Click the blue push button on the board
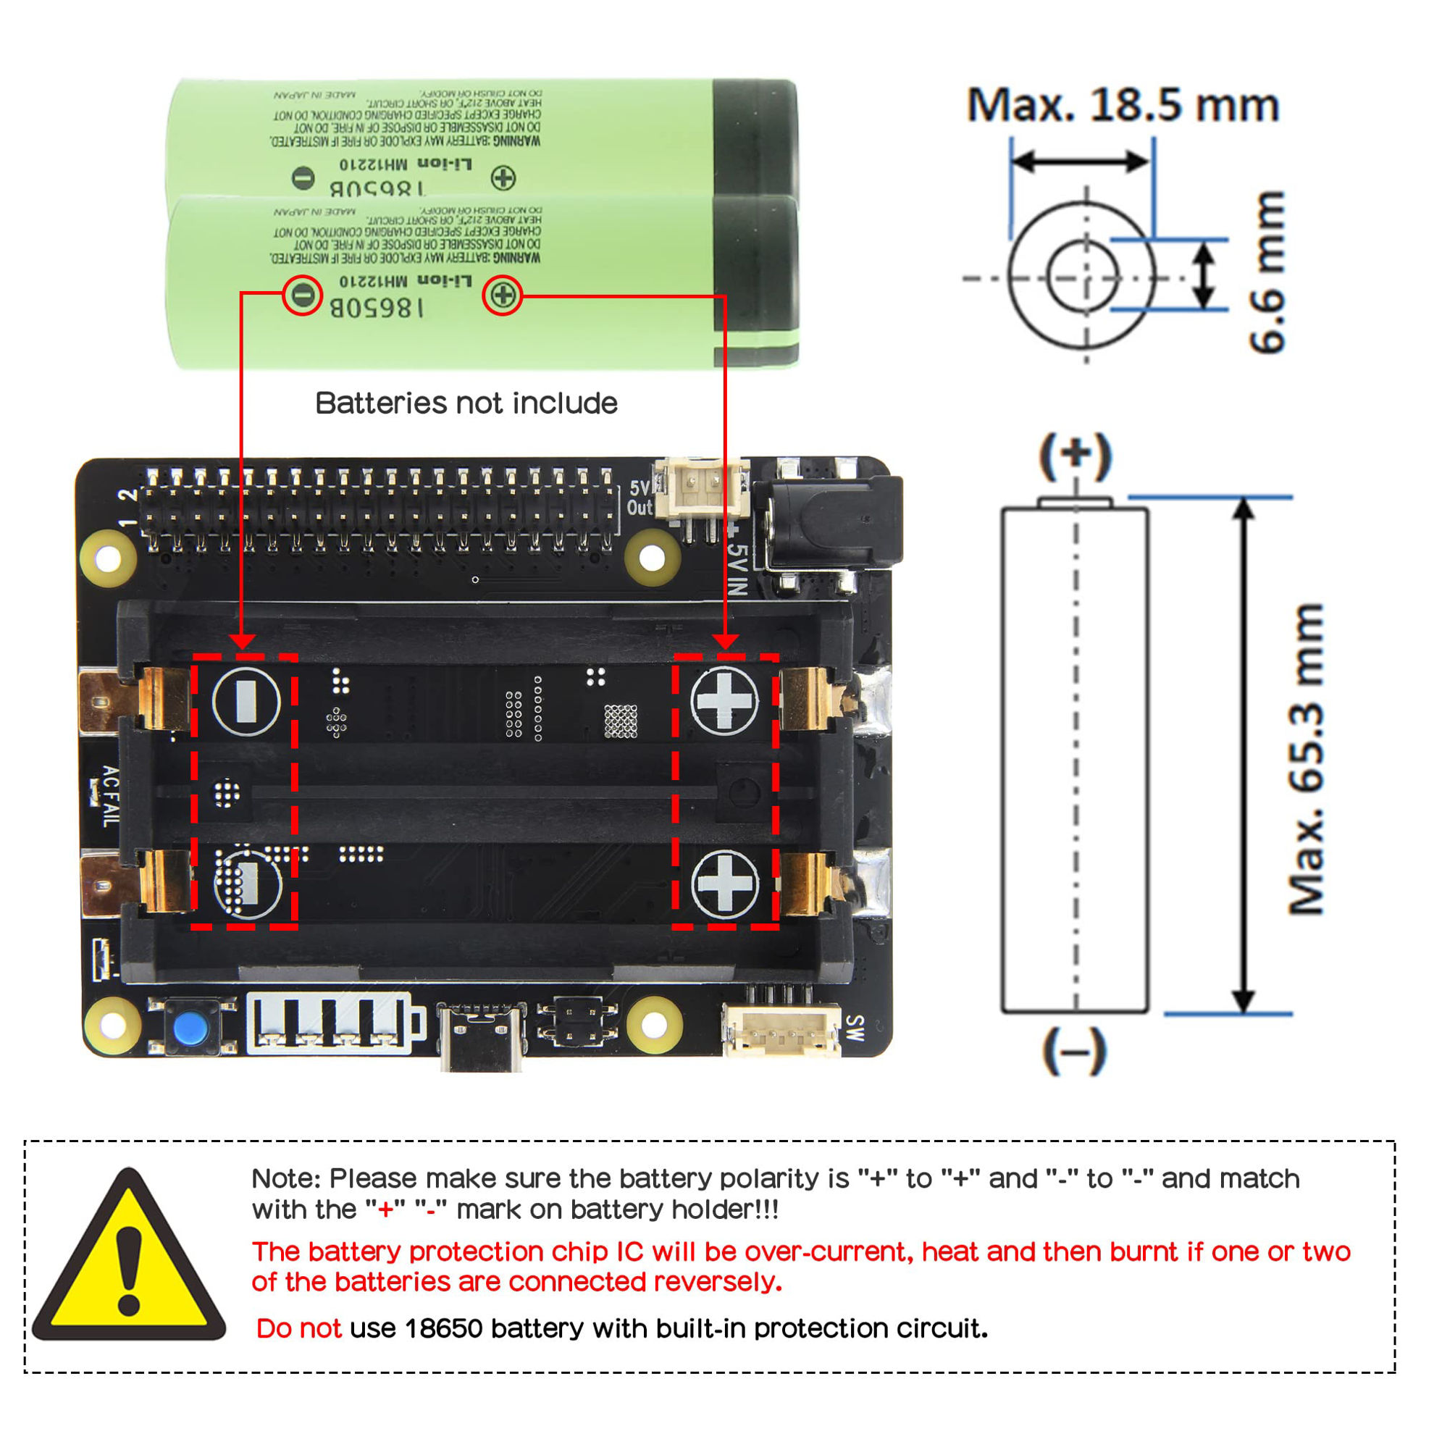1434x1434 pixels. [x=190, y=1028]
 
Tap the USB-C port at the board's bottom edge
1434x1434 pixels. [x=481, y=1038]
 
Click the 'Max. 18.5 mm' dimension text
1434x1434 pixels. [x=1123, y=106]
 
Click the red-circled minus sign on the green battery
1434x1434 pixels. [x=302, y=295]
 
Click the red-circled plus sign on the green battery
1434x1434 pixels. [x=503, y=295]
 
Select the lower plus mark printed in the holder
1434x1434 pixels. [x=724, y=884]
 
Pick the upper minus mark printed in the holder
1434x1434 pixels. [x=246, y=700]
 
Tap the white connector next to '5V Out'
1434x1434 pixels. [x=701, y=490]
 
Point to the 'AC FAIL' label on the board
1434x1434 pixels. [x=109, y=797]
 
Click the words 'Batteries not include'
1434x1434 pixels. [x=466, y=403]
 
